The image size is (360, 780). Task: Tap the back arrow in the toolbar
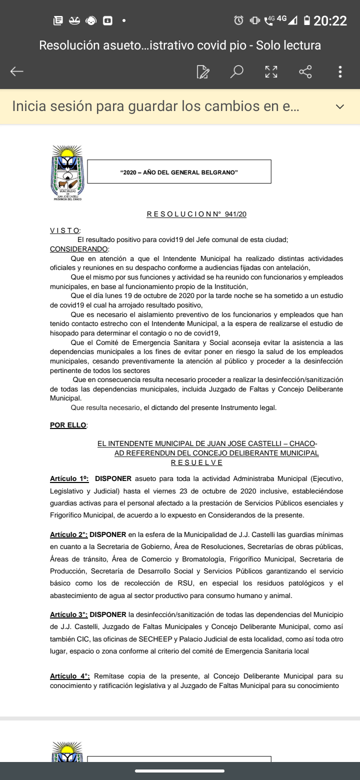[17, 71]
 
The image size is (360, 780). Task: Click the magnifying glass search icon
[236, 71]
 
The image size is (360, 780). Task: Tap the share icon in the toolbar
[305, 71]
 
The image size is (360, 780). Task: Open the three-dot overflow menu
[340, 71]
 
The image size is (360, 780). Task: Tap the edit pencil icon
[203, 72]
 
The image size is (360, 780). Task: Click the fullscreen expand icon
[271, 71]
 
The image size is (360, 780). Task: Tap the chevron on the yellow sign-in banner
[340, 106]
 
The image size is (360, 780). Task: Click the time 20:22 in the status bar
[330, 20]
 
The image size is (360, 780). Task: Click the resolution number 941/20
[236, 214]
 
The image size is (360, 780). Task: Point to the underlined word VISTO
[64, 230]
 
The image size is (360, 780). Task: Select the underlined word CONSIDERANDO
[79, 249]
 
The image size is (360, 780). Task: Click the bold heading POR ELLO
[68, 425]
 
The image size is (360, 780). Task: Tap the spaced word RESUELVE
[197, 462]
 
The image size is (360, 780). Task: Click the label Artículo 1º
[69, 478]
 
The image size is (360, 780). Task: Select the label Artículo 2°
[68, 534]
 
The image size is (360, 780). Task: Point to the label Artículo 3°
[68, 614]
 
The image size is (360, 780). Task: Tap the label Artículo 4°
[69, 676]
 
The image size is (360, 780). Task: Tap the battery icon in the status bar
[306, 20]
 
